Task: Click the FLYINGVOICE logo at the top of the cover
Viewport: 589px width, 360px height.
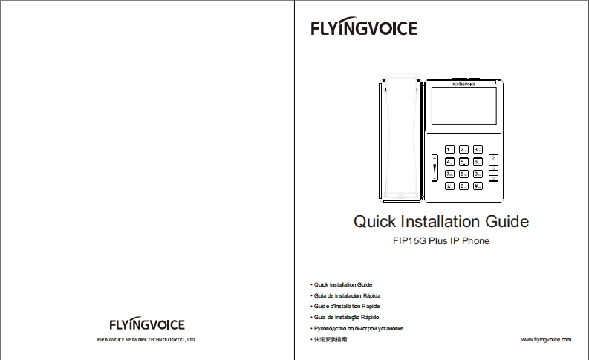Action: coord(364,29)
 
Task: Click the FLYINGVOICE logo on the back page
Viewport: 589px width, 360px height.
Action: coord(147,324)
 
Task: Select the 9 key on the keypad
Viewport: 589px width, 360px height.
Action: coord(478,174)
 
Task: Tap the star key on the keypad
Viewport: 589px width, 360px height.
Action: coord(450,186)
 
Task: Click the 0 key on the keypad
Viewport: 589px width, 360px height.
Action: coord(463,186)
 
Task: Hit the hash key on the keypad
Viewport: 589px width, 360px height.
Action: coord(478,186)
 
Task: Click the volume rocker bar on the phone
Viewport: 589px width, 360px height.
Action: coord(435,169)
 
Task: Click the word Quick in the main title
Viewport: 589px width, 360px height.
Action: coord(375,221)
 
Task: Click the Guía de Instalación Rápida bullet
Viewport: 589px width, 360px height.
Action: coord(348,295)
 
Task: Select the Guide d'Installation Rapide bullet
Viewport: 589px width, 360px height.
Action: coord(348,306)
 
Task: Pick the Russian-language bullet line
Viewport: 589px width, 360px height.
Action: coord(358,327)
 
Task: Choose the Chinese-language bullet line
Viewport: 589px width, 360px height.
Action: coord(331,338)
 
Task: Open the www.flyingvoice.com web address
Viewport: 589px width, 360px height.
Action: coord(547,338)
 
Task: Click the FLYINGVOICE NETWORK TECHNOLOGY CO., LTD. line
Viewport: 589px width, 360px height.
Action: coord(146,340)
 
